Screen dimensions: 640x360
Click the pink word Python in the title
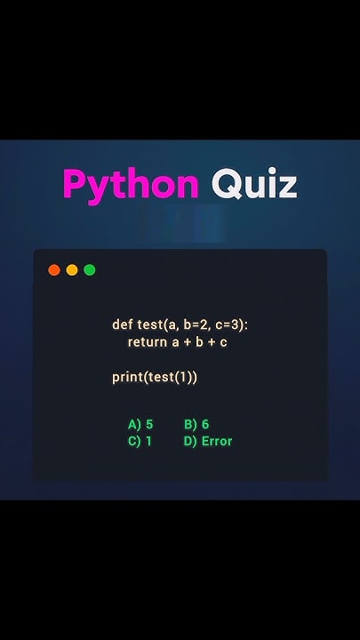(131, 184)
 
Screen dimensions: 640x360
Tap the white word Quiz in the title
(253, 184)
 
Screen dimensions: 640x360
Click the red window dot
(54, 269)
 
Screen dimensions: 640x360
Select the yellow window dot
(72, 269)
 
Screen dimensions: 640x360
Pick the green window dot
(90, 269)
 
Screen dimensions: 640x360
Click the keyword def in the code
(122, 324)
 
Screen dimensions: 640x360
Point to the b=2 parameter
(193, 324)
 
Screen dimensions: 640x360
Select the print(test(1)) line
(155, 377)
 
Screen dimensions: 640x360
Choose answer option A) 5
(140, 424)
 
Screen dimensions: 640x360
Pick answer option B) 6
(196, 424)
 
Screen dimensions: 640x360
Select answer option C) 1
(140, 441)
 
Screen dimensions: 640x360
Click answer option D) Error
(208, 441)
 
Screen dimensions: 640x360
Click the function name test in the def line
(150, 324)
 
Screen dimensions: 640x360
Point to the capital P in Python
(75, 184)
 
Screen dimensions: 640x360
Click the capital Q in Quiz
(225, 184)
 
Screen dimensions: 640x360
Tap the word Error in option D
(216, 441)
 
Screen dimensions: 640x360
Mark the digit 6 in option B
(205, 424)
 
